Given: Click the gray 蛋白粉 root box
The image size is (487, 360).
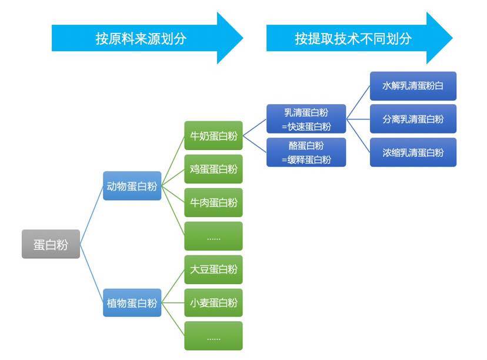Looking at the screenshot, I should click(x=51, y=244).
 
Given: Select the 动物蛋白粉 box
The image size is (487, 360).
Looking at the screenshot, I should click(x=132, y=186).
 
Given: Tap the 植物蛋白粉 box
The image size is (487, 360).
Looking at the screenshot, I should click(x=132, y=303).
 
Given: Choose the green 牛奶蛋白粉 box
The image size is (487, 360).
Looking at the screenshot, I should click(x=214, y=136).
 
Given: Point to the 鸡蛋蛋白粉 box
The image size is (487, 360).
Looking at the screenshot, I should click(x=214, y=169).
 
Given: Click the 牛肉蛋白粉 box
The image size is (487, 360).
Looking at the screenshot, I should click(x=214, y=202).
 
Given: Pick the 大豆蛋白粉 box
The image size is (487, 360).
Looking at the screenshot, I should click(x=214, y=269).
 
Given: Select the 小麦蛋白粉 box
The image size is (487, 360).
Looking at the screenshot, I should click(x=214, y=303).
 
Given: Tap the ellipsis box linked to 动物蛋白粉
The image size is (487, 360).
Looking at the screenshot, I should click(x=214, y=236).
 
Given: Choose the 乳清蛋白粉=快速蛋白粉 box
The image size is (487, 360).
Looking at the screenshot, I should click(x=306, y=119).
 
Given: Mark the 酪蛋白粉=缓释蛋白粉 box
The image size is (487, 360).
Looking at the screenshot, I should click(x=306, y=152).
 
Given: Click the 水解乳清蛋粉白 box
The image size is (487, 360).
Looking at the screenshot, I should click(x=413, y=86).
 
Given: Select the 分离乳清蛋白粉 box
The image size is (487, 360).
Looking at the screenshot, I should click(x=413, y=119).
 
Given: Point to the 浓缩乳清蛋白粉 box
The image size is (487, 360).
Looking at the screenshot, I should click(x=413, y=152).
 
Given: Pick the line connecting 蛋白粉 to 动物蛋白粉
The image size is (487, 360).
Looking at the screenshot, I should click(x=91, y=215).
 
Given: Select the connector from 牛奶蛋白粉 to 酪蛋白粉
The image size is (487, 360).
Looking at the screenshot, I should click(x=255, y=144).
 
